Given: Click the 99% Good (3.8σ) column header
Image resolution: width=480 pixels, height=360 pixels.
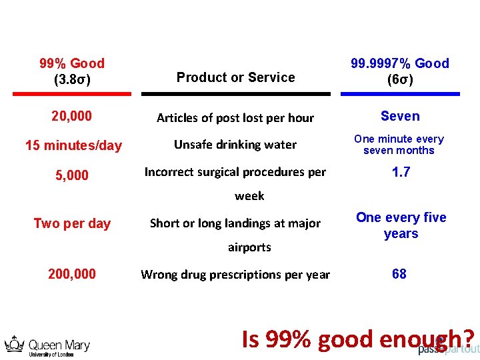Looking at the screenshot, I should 72,71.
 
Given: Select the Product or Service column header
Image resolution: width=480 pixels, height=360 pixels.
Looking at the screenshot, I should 235,77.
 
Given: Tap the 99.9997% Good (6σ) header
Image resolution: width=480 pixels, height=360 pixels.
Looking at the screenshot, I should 400,71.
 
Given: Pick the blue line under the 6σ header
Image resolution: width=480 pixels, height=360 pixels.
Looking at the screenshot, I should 400,94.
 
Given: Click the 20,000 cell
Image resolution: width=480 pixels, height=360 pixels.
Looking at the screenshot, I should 72,116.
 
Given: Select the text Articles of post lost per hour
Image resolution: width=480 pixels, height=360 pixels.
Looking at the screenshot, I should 235,118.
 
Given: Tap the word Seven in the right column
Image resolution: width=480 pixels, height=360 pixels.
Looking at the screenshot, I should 400,116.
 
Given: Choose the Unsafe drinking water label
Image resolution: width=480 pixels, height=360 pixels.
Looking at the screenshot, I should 235,145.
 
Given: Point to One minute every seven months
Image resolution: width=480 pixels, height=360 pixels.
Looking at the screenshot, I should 399,145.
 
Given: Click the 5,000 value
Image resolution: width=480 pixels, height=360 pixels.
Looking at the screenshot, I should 72,175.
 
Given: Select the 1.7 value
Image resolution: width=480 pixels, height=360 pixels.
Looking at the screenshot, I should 401,172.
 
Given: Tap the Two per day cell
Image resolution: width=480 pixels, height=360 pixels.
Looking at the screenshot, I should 72,223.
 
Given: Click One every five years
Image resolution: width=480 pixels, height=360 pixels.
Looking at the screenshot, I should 401,225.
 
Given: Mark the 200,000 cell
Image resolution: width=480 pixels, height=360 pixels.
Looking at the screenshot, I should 72,273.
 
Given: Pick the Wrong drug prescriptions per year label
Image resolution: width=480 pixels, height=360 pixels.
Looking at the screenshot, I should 235,275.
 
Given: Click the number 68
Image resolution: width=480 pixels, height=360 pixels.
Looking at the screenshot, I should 399,273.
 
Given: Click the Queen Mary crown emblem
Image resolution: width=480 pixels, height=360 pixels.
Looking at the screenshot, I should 14,344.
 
